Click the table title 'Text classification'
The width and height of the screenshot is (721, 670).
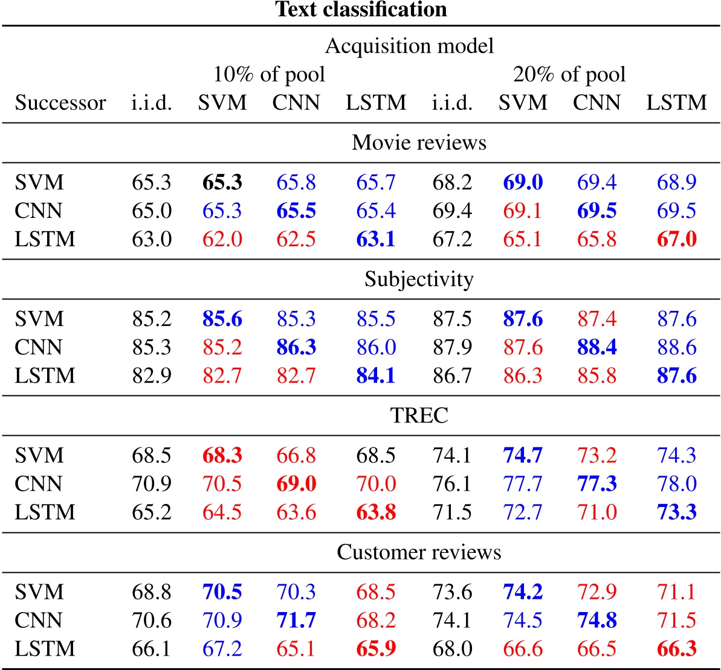361,10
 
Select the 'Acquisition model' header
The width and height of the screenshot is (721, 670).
409,46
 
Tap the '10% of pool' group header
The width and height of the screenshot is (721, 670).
269,74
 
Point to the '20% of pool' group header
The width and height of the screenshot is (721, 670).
569,74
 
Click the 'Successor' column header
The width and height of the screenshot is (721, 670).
60,103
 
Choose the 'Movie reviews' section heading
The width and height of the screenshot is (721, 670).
419,142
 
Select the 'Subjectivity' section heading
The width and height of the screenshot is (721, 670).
419,279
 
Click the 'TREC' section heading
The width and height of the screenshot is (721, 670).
419,415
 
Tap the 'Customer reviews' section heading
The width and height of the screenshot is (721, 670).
419,552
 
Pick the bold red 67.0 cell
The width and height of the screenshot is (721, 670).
676,239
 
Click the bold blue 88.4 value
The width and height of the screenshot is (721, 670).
597,347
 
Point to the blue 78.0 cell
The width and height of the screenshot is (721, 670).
676,483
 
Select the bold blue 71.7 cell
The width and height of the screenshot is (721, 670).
296,620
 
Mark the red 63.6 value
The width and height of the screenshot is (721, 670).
296,512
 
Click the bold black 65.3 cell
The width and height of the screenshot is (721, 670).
222,182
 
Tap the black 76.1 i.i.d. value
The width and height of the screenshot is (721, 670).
452,483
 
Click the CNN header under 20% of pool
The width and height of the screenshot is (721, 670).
597,103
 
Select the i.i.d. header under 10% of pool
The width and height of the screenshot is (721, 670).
152,103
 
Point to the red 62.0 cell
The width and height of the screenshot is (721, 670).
222,239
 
